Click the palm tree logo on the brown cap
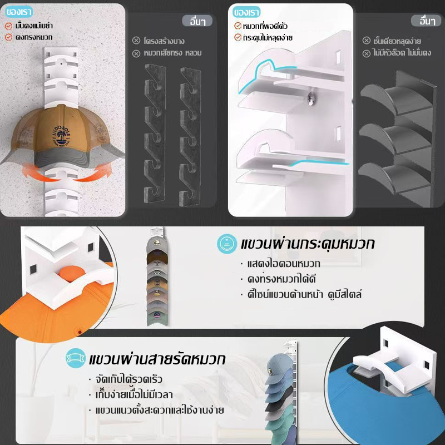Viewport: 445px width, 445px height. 62,136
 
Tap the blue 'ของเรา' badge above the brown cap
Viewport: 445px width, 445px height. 19,12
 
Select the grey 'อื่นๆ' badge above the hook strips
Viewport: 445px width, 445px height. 197,21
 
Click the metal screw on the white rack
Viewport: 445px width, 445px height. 311,98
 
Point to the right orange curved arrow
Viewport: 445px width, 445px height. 93,173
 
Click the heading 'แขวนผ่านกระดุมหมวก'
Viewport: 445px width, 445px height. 308,244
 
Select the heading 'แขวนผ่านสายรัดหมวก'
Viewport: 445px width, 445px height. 157,359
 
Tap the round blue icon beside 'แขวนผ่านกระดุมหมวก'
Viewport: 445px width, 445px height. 227,244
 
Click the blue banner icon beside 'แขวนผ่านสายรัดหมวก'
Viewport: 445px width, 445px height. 76,358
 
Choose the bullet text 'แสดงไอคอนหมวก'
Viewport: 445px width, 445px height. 284,264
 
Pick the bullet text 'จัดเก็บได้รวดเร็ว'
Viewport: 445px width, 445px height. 129,379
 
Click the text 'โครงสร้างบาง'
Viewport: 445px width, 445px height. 164,41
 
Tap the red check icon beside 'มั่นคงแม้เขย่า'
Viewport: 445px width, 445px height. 8,26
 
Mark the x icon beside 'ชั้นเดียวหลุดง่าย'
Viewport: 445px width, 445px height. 367,41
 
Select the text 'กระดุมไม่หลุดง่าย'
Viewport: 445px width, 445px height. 268,37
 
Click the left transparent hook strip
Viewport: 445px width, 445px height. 155,133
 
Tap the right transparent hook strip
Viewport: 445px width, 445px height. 190,136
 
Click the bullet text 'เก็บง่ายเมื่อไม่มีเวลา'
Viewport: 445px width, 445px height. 134,394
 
